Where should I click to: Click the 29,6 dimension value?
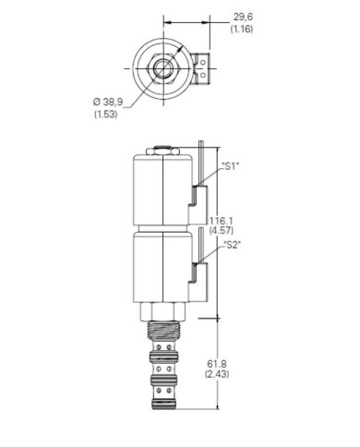[x=243, y=17]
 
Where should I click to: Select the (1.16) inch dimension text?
[x=242, y=30]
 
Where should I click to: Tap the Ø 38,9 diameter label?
[x=107, y=102]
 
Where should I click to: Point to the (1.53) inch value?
[x=105, y=115]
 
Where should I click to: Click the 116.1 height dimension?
[x=222, y=221]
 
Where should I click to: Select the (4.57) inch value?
[x=222, y=230]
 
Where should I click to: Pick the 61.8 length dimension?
[x=217, y=364]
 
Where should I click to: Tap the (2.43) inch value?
[x=217, y=374]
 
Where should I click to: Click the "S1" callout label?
[x=231, y=166]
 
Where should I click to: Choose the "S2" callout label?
[x=232, y=245]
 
